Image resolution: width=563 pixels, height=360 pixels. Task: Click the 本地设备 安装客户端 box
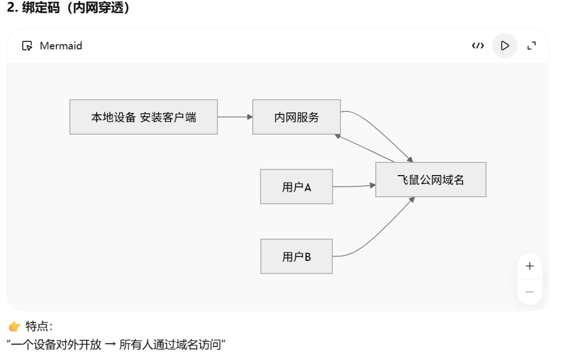coord(143,117)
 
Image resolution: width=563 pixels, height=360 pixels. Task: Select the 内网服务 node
coord(297,117)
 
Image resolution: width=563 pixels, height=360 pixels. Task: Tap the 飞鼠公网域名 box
coord(431,180)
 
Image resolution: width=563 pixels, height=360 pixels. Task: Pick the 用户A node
coord(297,187)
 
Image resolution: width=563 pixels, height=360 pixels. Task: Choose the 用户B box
coord(297,256)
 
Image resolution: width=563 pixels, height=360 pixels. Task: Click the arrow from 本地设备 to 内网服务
coord(235,117)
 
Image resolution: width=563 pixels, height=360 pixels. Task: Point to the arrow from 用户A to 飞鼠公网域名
coord(354,186)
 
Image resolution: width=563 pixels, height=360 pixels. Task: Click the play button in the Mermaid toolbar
coord(504,46)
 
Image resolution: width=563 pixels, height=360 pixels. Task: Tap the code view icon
coord(478,46)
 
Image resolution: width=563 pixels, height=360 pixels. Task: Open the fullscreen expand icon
coord(531,46)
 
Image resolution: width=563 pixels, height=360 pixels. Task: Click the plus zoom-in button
coord(529,266)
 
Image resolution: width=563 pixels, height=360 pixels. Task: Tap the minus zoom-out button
coord(529,292)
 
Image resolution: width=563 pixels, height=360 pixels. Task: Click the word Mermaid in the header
coord(61,46)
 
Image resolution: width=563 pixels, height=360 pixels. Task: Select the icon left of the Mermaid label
coord(27,46)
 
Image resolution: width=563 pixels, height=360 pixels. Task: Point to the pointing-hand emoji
coord(15,326)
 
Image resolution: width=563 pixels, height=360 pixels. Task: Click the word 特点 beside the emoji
coord(36,326)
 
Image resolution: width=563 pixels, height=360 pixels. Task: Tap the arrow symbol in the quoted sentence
coord(110,345)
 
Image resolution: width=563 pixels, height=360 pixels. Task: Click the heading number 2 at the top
coord(11,7)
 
